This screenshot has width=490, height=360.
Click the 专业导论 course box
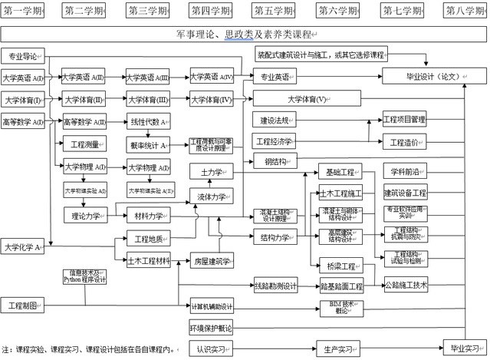click(x=24, y=56)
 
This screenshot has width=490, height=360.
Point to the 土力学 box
click(x=210, y=172)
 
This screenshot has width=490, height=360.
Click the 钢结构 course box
click(x=273, y=161)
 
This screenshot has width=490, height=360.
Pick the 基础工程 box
click(x=339, y=172)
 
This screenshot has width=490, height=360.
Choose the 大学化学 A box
click(x=23, y=247)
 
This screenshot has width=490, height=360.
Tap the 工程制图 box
click(x=23, y=306)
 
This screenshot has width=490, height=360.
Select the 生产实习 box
click(x=338, y=349)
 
